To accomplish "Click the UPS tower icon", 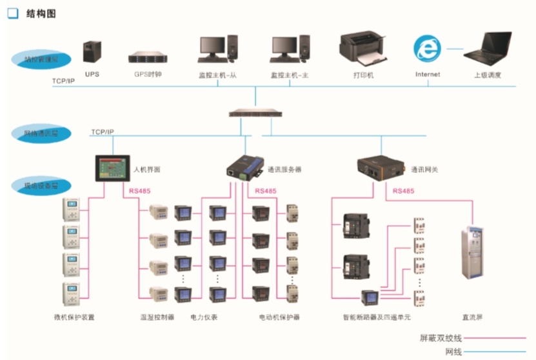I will point(92,54).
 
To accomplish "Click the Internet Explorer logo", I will point(425,49).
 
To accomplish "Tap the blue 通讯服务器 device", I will point(244,168).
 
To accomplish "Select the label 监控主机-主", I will point(290,75).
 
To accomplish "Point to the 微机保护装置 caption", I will point(74,317).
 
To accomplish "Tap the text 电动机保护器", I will point(279,317).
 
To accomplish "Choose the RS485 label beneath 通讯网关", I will point(403,191).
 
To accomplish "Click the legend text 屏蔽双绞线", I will point(441,337).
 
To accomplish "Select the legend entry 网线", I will point(453,352).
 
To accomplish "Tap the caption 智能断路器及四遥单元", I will point(377,317).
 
